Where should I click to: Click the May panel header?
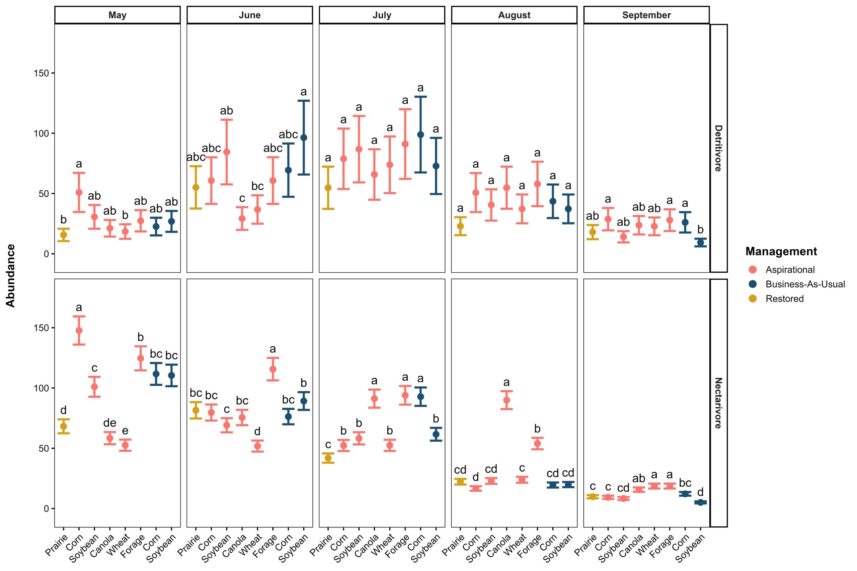point(117,15)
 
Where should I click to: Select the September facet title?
point(646,15)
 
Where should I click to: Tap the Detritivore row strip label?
point(718,148)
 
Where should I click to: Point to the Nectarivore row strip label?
point(718,403)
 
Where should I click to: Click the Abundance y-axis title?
point(11,276)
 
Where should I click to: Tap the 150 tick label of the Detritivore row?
point(41,73)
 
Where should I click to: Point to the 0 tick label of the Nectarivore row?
point(46,509)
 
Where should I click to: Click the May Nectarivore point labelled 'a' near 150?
point(79,330)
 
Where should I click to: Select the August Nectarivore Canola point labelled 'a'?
point(507,400)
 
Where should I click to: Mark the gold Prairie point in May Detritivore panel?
point(63,235)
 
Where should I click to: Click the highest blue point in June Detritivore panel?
point(304,138)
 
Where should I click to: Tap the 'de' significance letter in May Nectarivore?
point(110,423)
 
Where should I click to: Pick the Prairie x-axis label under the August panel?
point(454,545)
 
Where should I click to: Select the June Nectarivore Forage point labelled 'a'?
point(272,369)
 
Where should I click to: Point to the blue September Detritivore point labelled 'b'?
point(700,243)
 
